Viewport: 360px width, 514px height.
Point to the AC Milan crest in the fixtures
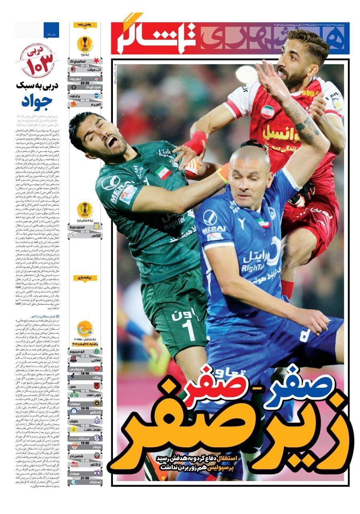(x=74, y=69)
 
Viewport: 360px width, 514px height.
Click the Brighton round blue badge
(x=96, y=95)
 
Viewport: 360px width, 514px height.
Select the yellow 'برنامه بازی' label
(x=85, y=277)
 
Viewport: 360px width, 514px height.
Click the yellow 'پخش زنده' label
(x=85, y=25)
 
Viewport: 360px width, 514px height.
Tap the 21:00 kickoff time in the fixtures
(x=85, y=478)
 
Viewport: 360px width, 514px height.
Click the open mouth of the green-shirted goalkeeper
(x=113, y=142)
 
